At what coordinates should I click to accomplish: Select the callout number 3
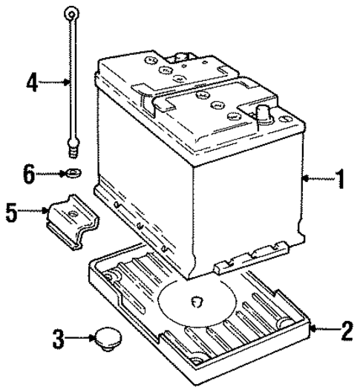(x=58, y=341)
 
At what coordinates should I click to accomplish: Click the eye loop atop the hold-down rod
(x=71, y=11)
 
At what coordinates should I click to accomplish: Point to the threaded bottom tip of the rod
(x=73, y=151)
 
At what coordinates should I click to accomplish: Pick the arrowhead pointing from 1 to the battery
(x=307, y=178)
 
